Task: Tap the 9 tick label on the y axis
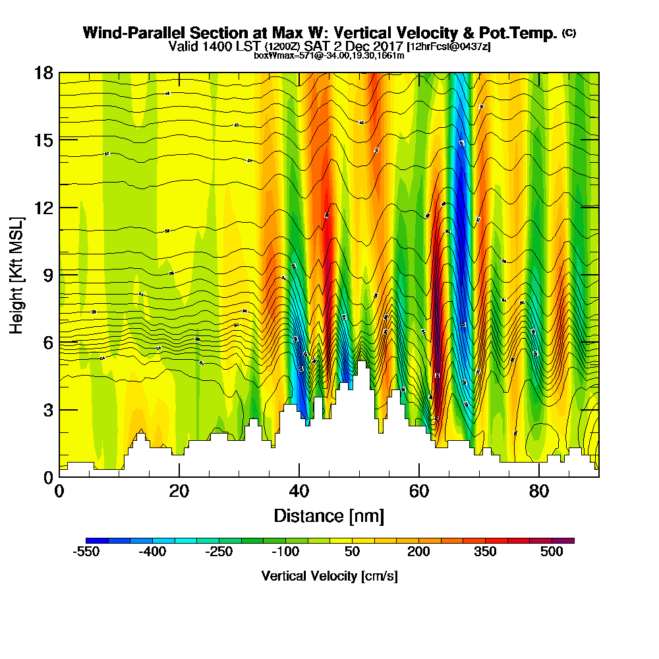pyautogui.click(x=47, y=274)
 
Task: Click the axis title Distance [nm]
pyautogui.click(x=329, y=515)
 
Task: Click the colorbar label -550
pyautogui.click(x=86, y=552)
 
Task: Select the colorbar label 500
pyautogui.click(x=552, y=552)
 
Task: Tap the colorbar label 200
pyautogui.click(x=418, y=552)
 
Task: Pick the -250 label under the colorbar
pyautogui.click(x=219, y=552)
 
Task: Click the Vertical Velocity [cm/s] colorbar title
pyautogui.click(x=329, y=576)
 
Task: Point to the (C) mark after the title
pyautogui.click(x=569, y=33)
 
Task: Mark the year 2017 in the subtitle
pyautogui.click(x=388, y=46)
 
